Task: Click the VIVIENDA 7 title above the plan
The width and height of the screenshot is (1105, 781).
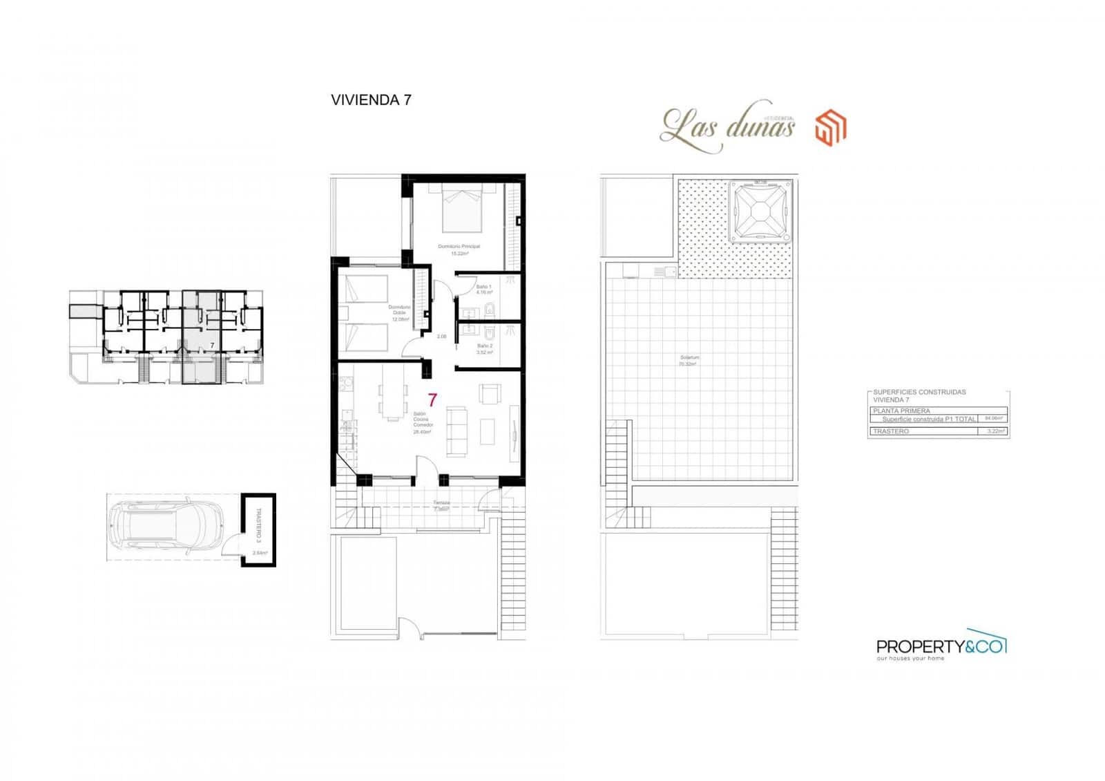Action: tap(371, 100)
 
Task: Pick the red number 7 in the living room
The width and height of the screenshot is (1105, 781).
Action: tap(432, 399)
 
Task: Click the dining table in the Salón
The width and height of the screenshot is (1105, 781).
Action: tap(392, 401)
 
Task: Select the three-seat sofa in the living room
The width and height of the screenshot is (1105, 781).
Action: tap(456, 431)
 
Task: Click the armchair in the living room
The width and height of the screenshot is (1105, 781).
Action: tap(490, 394)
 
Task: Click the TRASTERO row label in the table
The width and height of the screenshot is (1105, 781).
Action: tap(891, 431)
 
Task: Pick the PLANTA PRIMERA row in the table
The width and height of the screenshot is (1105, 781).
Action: tap(901, 411)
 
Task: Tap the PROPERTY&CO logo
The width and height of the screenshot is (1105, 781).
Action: tap(940, 647)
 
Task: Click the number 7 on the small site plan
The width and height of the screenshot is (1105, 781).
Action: tap(212, 344)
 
